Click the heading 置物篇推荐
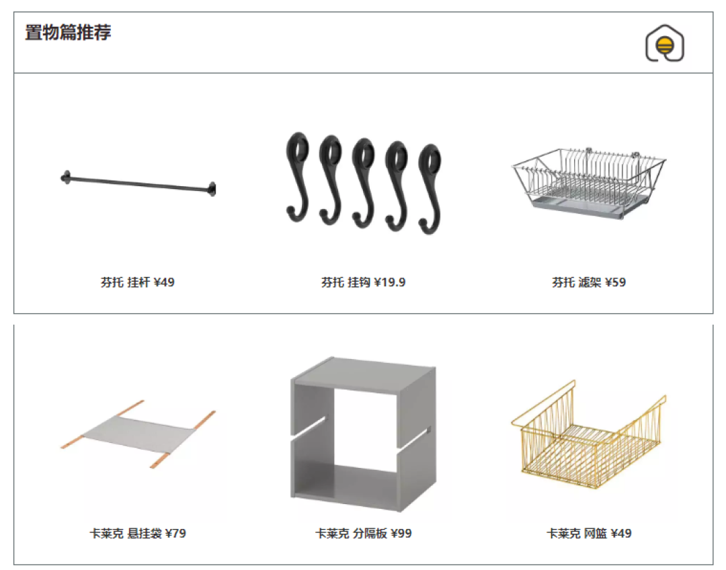[68, 32]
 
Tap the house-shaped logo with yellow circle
[665, 44]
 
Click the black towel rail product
[138, 184]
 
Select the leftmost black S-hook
[298, 176]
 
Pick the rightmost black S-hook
[430, 188]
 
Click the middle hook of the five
[364, 183]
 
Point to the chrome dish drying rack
[588, 182]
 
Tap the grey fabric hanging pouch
[138, 434]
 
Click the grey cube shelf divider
[364, 434]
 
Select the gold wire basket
[588, 436]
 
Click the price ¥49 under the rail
[164, 282]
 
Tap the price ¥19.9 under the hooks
[390, 282]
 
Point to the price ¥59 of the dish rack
[615, 282]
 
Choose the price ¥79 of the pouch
[175, 534]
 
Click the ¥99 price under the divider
[401, 534]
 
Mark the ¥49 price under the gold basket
[621, 534]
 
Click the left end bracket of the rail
[66, 177]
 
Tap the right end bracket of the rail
[212, 189]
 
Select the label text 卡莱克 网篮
[577, 534]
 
